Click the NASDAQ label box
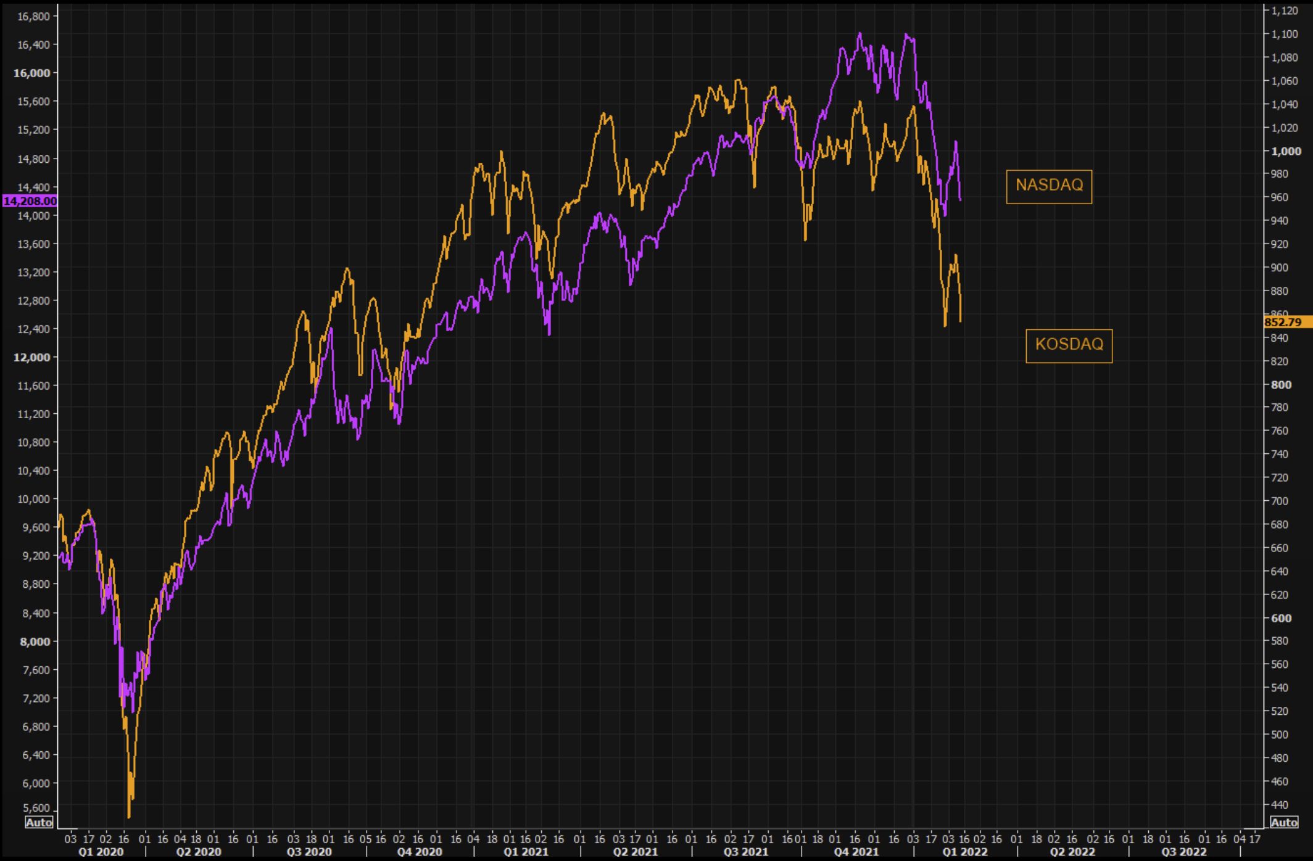coord(1048,186)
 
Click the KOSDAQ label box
coord(1069,345)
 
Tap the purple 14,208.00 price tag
coord(30,201)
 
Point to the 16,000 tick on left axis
coord(31,73)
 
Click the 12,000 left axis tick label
coord(31,357)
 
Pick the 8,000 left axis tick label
coord(35,641)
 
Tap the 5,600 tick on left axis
coord(35,808)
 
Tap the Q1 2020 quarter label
coord(101,852)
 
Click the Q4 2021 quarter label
coord(856,852)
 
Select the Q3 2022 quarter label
coord(1183,852)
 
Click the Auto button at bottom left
coord(39,822)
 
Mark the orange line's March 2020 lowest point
coord(129,817)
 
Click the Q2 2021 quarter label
coord(635,852)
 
